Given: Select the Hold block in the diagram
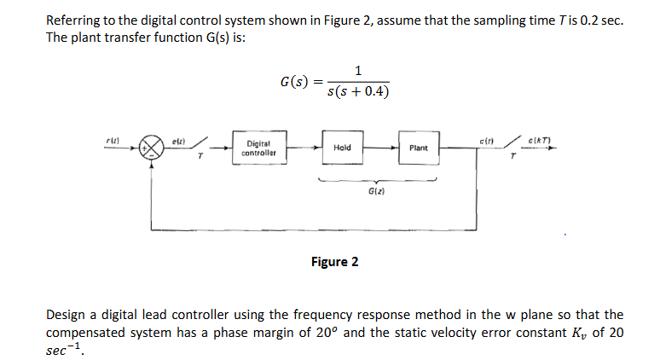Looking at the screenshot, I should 341,148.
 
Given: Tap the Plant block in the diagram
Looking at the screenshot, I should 418,148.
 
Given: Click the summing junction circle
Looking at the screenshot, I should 153,148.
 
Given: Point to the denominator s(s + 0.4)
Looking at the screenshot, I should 358,90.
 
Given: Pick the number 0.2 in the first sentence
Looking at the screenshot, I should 583,20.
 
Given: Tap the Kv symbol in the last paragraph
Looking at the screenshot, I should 583,332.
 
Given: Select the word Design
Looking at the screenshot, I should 65,315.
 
